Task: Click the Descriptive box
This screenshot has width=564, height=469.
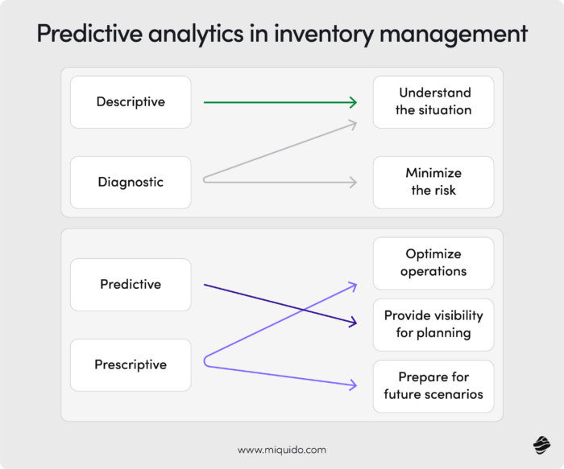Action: [131, 102]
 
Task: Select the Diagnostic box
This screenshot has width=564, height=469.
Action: [131, 182]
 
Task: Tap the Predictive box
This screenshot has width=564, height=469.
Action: [131, 284]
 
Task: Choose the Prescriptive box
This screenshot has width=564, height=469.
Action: [131, 364]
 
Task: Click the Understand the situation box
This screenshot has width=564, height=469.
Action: [433, 102]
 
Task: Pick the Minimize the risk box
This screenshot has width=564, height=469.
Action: [433, 182]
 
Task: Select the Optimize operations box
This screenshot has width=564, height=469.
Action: [433, 263]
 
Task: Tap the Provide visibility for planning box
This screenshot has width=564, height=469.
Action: [433, 324]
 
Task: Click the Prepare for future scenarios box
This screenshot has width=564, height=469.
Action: [433, 385]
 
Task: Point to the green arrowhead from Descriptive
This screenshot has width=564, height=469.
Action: [353, 102]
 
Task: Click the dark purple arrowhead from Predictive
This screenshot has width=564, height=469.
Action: [352, 323]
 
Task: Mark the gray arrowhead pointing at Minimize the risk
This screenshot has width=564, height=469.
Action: [353, 183]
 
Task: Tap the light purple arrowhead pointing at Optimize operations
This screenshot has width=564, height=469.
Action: [352, 284]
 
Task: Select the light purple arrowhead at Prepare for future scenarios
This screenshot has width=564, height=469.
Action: [352, 385]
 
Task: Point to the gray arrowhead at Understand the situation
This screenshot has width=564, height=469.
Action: [352, 123]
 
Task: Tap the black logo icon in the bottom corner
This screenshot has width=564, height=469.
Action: [541, 445]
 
